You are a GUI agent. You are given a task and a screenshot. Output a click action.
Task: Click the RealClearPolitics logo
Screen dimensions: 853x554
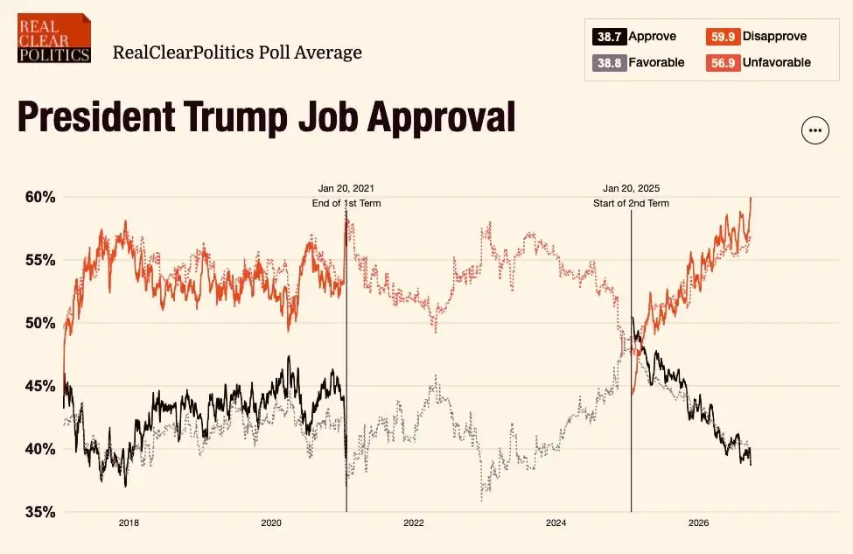(54, 39)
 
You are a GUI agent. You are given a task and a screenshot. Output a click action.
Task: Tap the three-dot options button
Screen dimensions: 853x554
(815, 130)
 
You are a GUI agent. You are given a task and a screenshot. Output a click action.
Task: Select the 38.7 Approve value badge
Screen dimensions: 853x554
(609, 37)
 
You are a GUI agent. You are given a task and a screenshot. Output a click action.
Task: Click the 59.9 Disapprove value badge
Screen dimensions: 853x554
(723, 37)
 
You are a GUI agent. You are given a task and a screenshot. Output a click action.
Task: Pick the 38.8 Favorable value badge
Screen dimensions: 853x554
(609, 63)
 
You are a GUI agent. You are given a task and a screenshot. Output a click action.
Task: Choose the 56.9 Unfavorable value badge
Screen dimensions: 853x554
(723, 63)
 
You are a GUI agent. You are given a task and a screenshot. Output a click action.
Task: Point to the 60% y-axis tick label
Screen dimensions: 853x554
(40, 197)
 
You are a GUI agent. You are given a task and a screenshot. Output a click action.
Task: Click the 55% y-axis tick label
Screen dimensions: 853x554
(40, 260)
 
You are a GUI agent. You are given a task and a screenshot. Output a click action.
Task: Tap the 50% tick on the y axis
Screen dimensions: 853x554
(40, 323)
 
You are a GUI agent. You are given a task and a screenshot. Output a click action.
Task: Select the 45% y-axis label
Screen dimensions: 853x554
(40, 386)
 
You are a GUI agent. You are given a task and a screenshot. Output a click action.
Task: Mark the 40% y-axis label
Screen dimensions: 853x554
(40, 450)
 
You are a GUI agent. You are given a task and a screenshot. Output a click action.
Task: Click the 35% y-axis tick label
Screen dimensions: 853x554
(40, 512)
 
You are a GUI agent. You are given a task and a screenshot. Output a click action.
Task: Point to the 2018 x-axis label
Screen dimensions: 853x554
(129, 523)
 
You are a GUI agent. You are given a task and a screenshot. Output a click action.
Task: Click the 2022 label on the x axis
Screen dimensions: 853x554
(414, 523)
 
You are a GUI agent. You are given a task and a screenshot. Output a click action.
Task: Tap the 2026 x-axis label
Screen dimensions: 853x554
(698, 523)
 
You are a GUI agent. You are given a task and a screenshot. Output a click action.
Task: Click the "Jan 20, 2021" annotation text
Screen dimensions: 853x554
(346, 188)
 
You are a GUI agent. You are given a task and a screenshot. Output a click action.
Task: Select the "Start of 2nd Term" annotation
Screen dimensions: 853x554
(631, 203)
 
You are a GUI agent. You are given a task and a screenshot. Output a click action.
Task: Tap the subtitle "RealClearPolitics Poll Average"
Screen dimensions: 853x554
(237, 53)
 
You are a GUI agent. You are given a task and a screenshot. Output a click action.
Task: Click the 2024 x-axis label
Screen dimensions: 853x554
(556, 523)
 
